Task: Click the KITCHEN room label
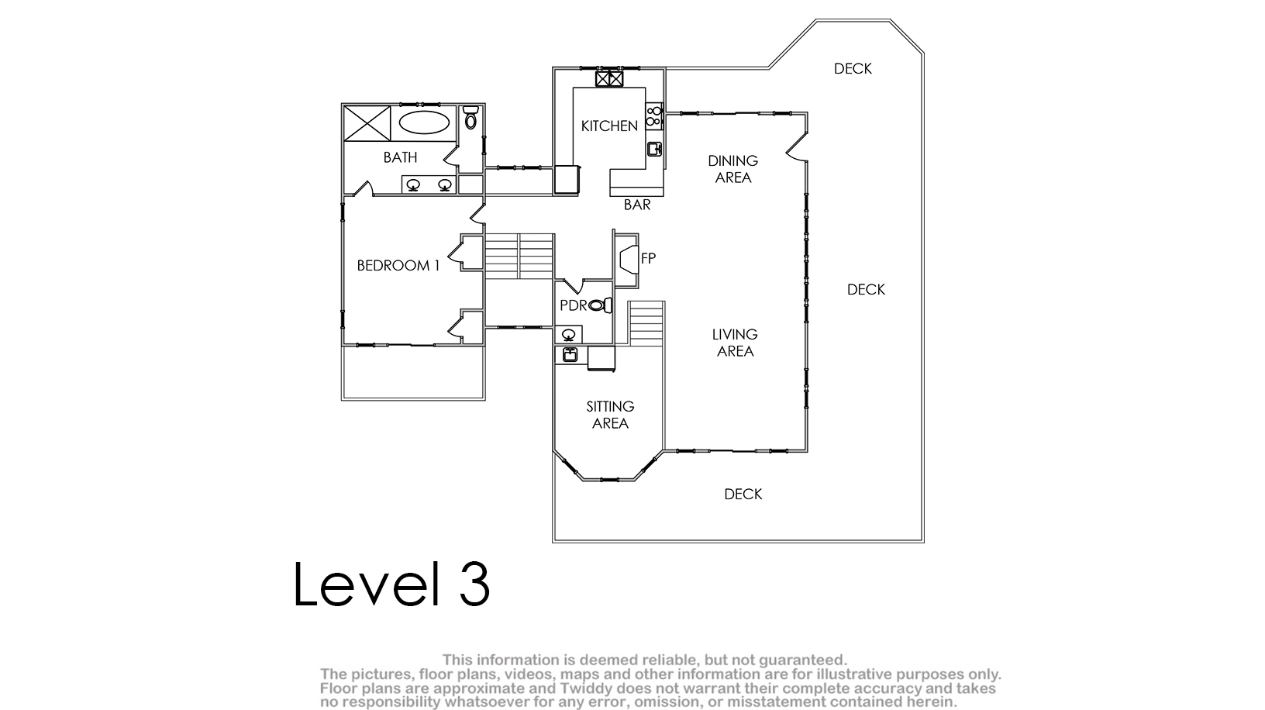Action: click(x=609, y=126)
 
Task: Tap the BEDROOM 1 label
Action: click(x=398, y=265)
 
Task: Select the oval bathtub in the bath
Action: click(x=424, y=122)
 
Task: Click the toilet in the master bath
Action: click(x=470, y=118)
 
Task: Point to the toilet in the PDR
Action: click(x=600, y=305)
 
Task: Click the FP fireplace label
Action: click(x=648, y=259)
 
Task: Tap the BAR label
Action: click(x=637, y=205)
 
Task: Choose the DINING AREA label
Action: click(x=733, y=170)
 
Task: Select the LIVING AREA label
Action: click(x=735, y=343)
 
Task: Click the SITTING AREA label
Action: click(x=610, y=415)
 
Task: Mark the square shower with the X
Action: click(x=367, y=123)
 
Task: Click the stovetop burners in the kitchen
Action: click(x=654, y=115)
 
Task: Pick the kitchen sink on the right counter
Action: click(x=654, y=149)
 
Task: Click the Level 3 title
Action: click(x=391, y=584)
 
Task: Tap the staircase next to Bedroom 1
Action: click(x=519, y=256)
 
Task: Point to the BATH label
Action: click(x=401, y=157)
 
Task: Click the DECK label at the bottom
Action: click(x=743, y=495)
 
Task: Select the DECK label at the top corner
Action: click(x=853, y=69)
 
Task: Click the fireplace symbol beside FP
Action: click(x=629, y=260)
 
